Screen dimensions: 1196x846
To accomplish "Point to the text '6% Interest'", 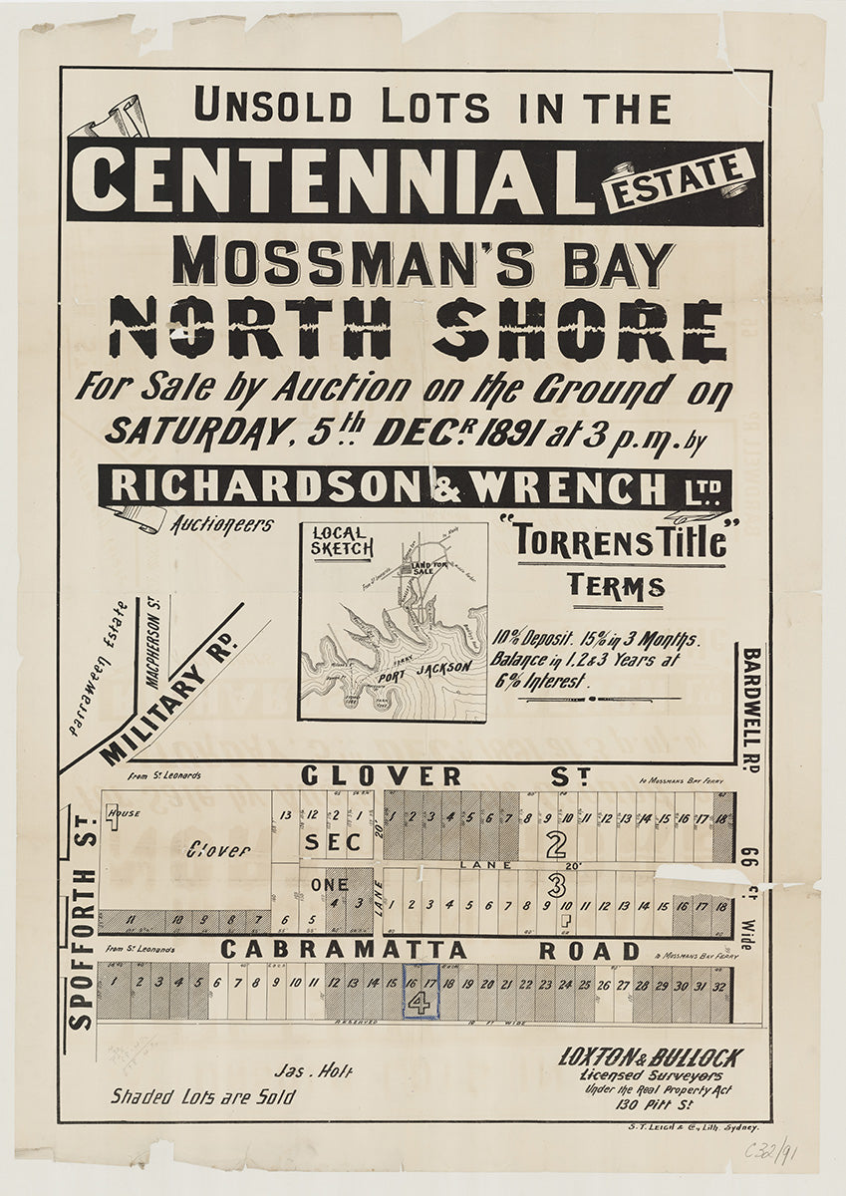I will click(549, 684).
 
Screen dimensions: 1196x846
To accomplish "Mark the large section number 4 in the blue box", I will click(421, 1004).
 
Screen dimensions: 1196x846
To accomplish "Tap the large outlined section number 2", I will click(557, 845).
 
